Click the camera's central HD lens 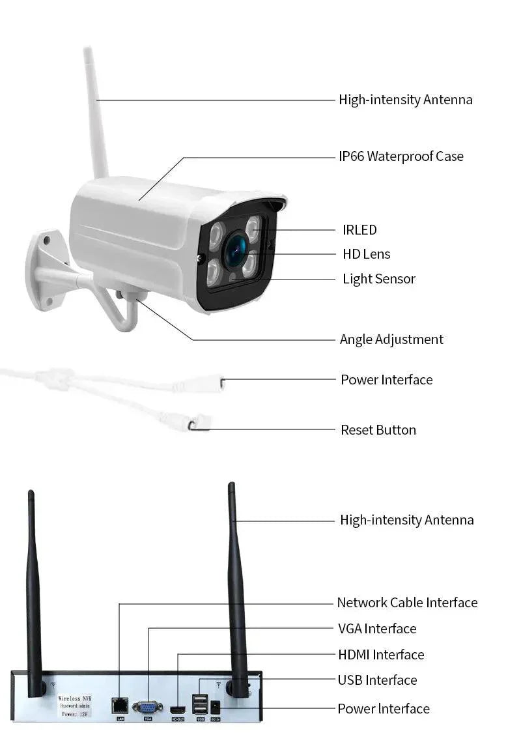tap(236, 251)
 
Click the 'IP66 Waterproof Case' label tap(401, 156)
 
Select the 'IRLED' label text tap(359, 230)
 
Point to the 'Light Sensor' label tap(379, 279)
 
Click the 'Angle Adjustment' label tap(391, 339)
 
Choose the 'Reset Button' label tap(378, 430)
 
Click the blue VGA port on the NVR tap(148, 707)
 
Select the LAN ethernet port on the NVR tap(120, 704)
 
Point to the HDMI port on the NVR tap(178, 708)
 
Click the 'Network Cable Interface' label tap(407, 603)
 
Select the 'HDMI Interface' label tap(381, 655)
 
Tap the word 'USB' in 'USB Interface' tap(350, 680)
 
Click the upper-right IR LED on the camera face tap(252, 226)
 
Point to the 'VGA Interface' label tap(377, 629)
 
